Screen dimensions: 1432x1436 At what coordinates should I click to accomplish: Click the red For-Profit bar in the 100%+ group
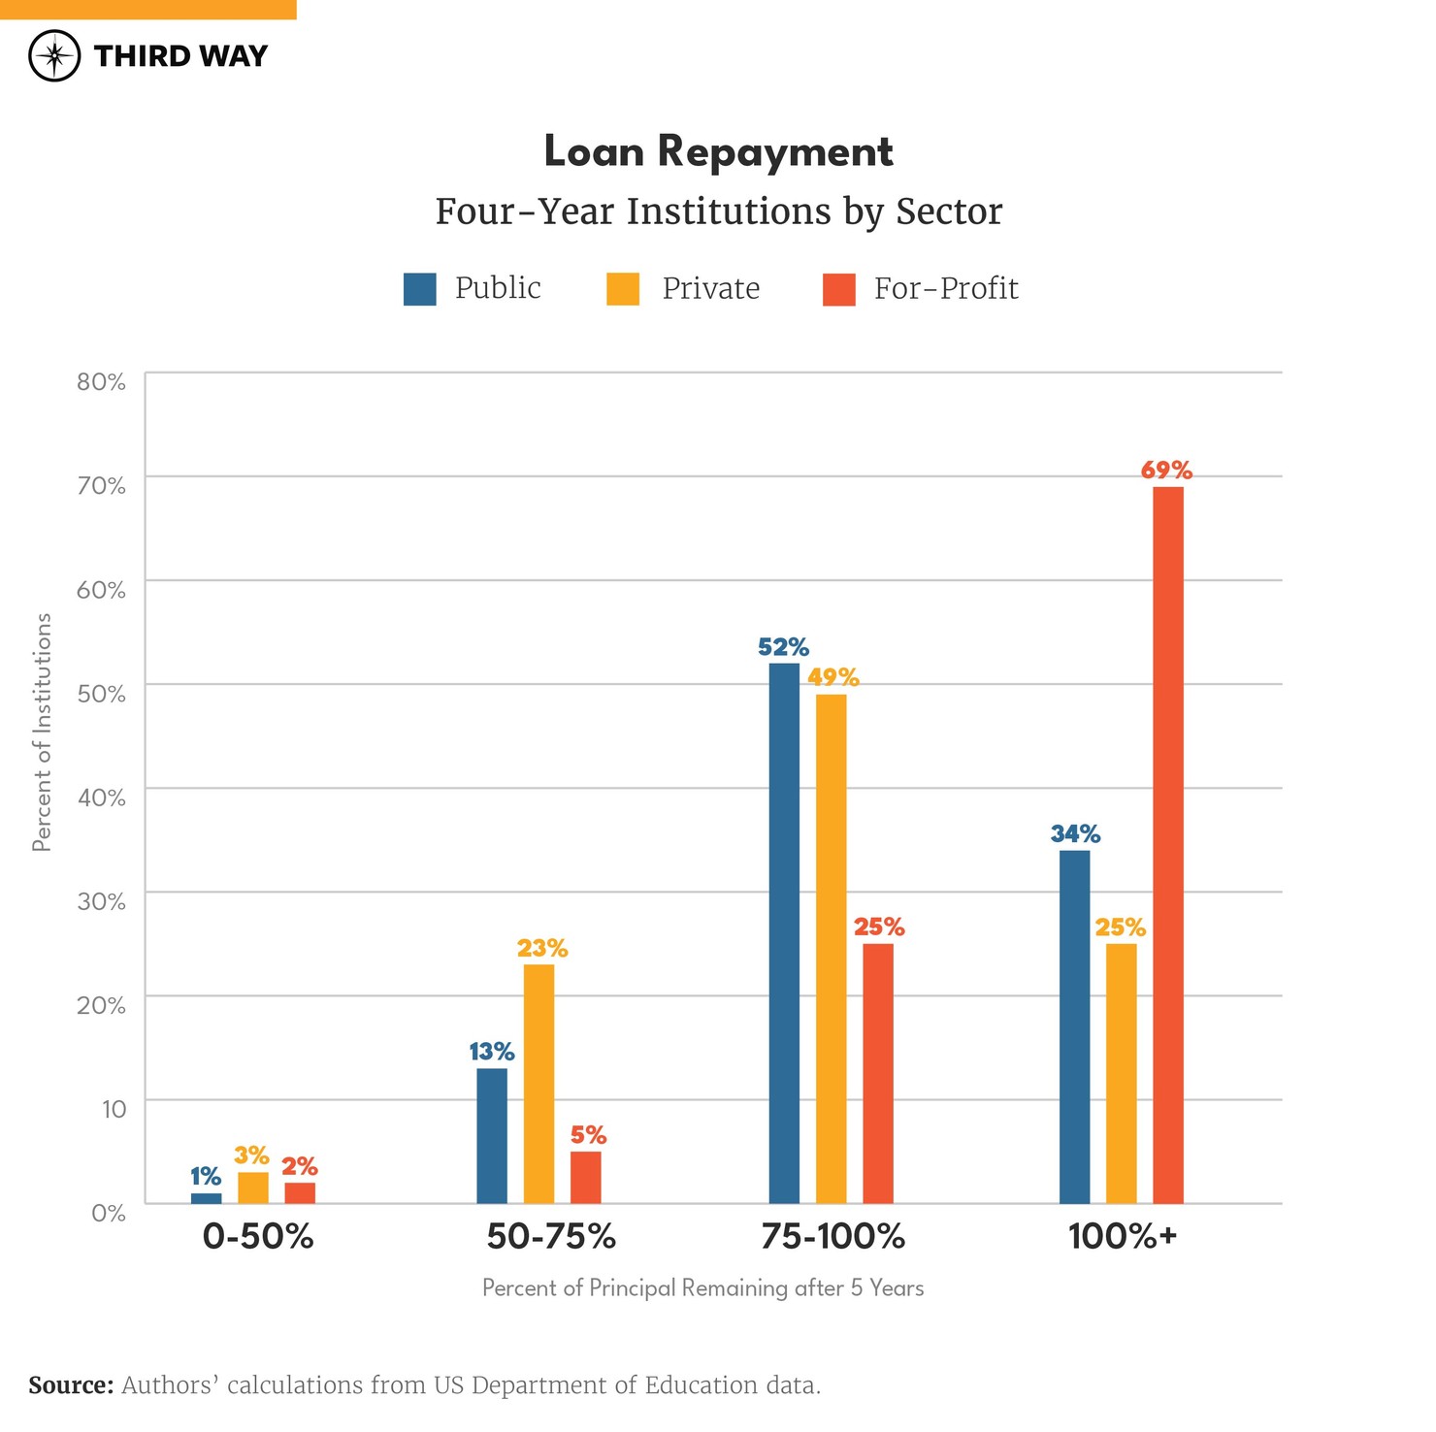1167,844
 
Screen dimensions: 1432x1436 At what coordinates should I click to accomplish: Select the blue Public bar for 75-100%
784,932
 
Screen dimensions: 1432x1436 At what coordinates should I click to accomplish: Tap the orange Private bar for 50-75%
538,1083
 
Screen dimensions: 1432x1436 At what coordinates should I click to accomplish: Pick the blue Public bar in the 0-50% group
206,1198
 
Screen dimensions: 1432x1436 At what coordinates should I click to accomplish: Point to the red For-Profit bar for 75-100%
877,1073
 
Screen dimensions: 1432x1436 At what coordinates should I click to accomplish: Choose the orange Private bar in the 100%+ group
1121,1073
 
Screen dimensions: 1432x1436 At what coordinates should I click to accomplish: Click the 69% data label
1166,471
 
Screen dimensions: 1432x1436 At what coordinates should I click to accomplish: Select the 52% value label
783,647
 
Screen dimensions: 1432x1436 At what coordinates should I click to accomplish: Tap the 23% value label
541,948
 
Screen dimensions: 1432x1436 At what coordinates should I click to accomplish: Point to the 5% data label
588,1135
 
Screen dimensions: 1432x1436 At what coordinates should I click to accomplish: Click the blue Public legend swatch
419,289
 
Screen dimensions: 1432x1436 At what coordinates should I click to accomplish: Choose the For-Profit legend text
945,288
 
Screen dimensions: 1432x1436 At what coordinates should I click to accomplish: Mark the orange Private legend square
623,289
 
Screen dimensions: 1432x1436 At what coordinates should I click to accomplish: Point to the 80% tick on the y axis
101,381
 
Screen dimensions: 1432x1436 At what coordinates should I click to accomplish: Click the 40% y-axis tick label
101,797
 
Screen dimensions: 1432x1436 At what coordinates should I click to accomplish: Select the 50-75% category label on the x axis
551,1236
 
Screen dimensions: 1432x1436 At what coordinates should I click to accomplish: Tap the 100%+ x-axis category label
1122,1236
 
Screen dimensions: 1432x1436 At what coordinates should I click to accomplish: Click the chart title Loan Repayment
718,151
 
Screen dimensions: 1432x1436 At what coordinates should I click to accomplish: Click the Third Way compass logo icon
54,55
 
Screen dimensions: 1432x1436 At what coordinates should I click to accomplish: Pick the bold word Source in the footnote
71,1384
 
